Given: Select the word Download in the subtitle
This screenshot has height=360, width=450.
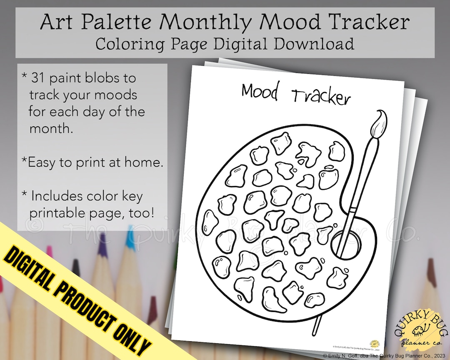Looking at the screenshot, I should (316, 44).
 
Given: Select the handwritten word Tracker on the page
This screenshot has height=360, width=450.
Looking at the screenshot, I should (321, 97).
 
